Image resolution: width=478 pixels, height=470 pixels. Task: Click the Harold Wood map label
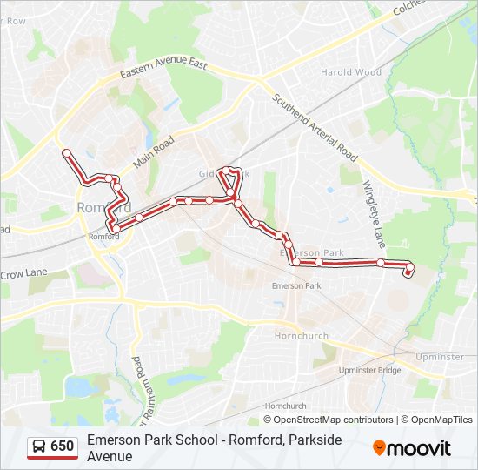(351, 72)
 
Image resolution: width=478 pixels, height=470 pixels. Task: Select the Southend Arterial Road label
(315, 128)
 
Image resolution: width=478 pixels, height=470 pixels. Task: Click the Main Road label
(153, 151)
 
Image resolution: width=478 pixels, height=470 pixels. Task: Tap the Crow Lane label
(24, 272)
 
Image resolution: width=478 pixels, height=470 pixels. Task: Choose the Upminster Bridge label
(369, 371)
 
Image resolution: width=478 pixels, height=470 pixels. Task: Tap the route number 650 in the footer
(63, 446)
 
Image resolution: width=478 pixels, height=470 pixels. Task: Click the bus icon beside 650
(38, 446)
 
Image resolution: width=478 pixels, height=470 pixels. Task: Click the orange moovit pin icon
(380, 447)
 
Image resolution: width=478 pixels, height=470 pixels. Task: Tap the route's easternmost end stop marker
(407, 273)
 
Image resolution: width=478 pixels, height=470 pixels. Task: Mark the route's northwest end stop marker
(65, 152)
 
